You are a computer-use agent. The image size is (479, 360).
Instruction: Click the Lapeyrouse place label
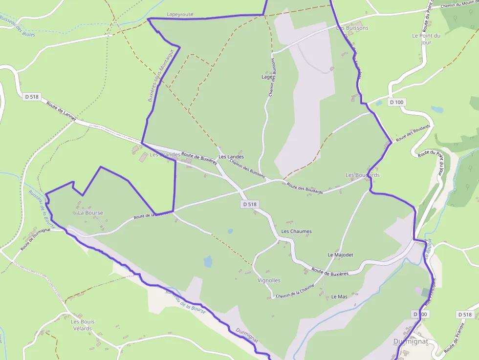[180, 15]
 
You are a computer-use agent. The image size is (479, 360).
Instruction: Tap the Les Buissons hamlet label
[352, 28]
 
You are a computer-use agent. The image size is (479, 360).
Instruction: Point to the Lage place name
[267, 77]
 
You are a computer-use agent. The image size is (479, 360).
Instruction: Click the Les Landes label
[231, 157]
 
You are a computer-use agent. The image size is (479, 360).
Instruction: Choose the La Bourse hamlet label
[90, 213]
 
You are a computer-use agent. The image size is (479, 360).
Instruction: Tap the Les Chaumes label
[296, 231]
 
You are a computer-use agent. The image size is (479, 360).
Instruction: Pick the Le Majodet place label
[340, 255]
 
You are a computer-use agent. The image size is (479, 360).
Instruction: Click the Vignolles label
[269, 280]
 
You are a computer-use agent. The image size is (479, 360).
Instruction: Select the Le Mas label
[339, 296]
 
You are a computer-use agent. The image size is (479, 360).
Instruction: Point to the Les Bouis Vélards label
[83, 325]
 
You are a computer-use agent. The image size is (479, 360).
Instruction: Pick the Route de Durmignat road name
[36, 240]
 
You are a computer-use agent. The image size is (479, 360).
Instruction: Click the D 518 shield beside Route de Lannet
[32, 97]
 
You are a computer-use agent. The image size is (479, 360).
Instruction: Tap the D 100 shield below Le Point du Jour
[397, 102]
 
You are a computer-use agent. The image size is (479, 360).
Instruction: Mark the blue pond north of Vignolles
[208, 262]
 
